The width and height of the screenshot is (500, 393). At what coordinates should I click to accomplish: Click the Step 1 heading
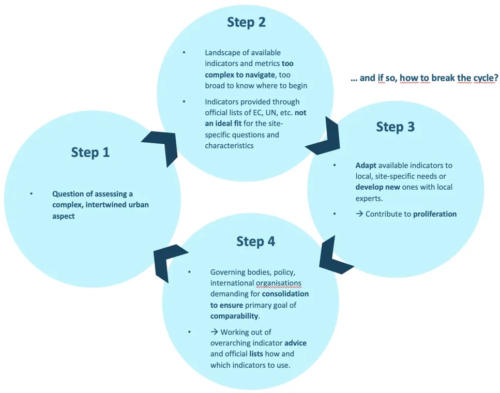(x=90, y=153)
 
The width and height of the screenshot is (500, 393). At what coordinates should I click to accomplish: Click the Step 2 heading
(x=247, y=22)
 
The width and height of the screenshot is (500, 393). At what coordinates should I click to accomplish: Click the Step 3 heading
(x=395, y=127)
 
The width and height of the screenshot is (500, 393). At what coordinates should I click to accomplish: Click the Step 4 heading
(x=256, y=241)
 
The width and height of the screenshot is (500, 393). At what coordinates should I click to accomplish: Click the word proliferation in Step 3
(x=434, y=214)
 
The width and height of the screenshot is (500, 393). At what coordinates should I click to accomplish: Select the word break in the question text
(x=433, y=78)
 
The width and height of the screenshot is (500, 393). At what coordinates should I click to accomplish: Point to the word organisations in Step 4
(x=279, y=283)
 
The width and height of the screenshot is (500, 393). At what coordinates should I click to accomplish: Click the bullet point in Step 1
(x=31, y=193)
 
